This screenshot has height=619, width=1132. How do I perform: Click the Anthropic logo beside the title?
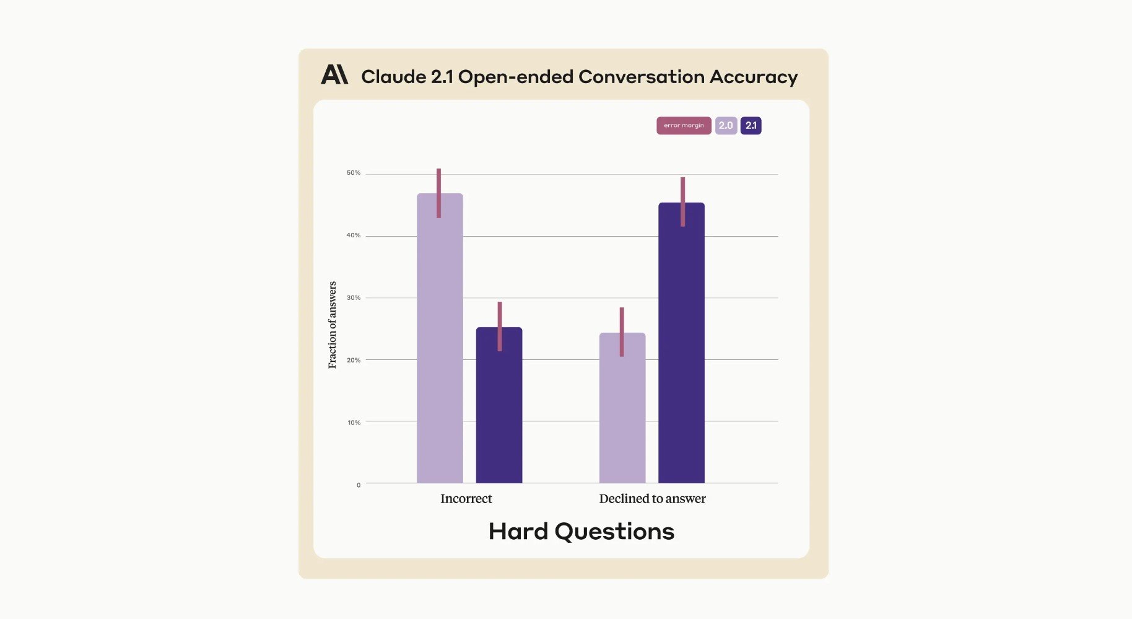pos(334,75)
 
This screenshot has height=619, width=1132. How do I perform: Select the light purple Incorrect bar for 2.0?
pos(440,347)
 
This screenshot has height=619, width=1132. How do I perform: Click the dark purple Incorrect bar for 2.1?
pos(499,415)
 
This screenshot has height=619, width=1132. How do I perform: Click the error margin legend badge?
pos(684,126)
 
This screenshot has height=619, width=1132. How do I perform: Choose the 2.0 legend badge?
pos(726,126)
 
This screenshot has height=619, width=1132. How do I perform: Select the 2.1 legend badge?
pos(751,126)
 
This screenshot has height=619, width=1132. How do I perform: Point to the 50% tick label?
pos(354,173)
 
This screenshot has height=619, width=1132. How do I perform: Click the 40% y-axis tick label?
pos(354,235)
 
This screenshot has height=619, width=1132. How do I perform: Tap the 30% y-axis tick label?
pos(354,298)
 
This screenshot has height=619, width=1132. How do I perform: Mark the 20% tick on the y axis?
pos(354,360)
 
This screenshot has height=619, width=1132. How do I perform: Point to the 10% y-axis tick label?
pos(354,423)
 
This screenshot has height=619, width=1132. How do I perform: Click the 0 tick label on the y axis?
pos(359,485)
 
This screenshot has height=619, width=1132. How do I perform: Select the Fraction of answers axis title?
pos(333,325)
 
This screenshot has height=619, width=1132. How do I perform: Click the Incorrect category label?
pos(466,499)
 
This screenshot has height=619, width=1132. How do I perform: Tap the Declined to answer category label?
pos(652,499)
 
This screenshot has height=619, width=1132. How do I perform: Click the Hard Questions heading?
pos(581,532)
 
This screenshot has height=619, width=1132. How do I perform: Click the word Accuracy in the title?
pos(754,77)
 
